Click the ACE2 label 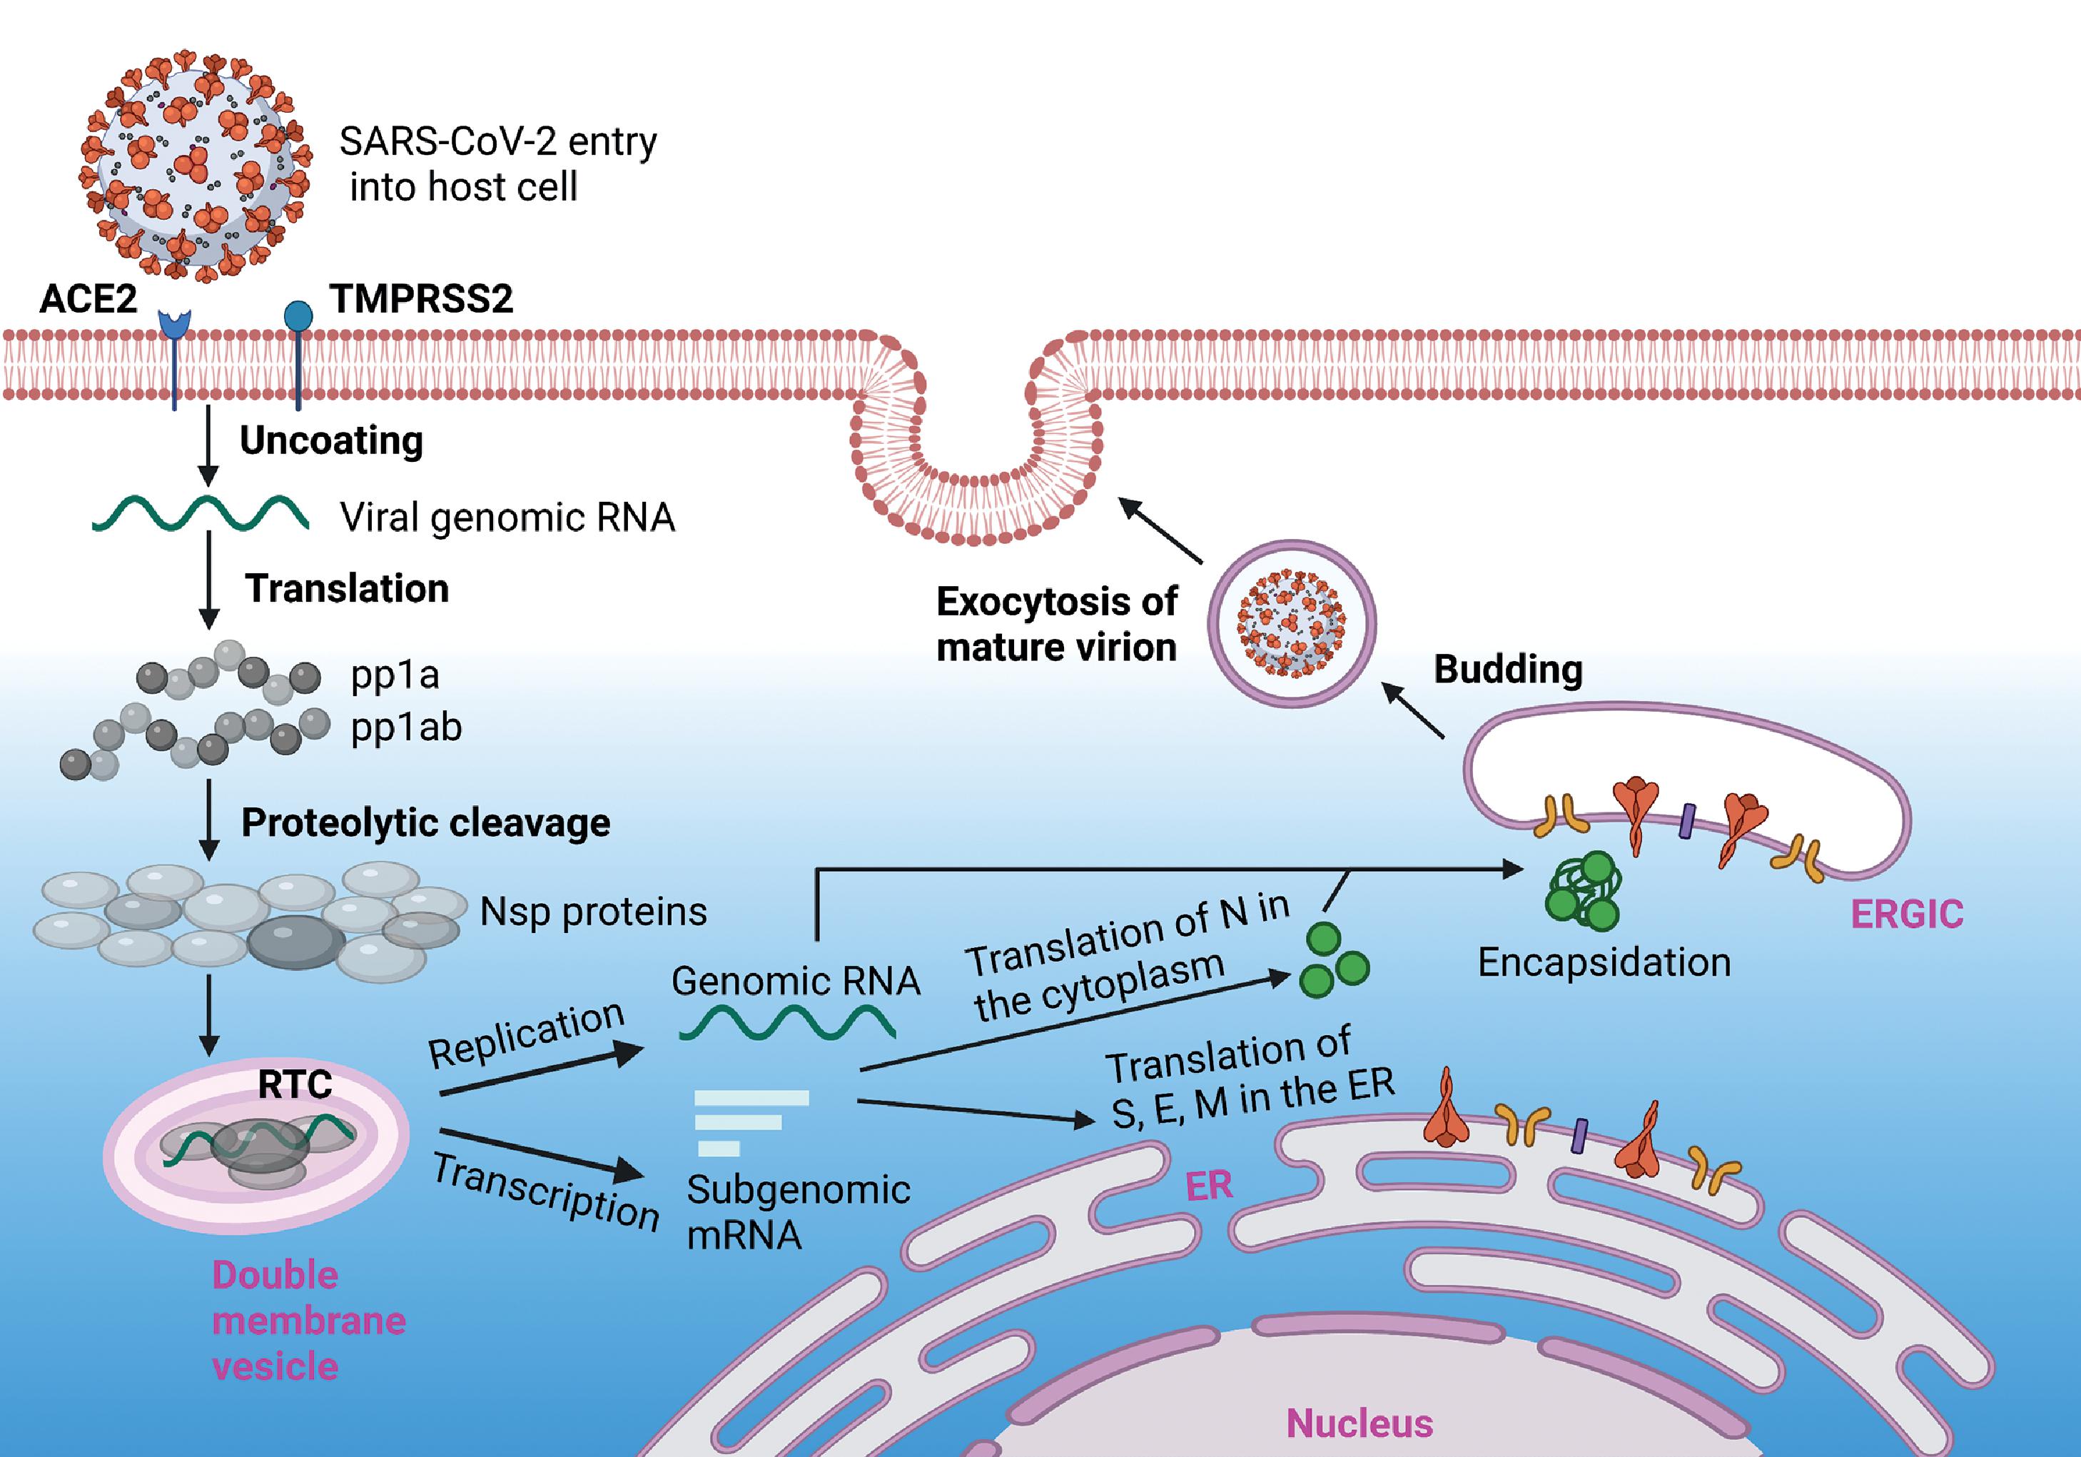pos(88,298)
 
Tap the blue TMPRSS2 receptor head pos(298,316)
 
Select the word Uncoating pos(331,440)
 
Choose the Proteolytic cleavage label pos(425,823)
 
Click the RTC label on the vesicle pos(295,1084)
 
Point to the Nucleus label pos(1360,1423)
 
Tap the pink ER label pos(1209,1186)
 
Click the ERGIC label pos(1907,914)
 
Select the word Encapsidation pos(1604,962)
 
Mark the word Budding pos(1508,669)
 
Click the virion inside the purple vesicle pos(1292,624)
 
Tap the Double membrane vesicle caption pos(308,1320)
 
